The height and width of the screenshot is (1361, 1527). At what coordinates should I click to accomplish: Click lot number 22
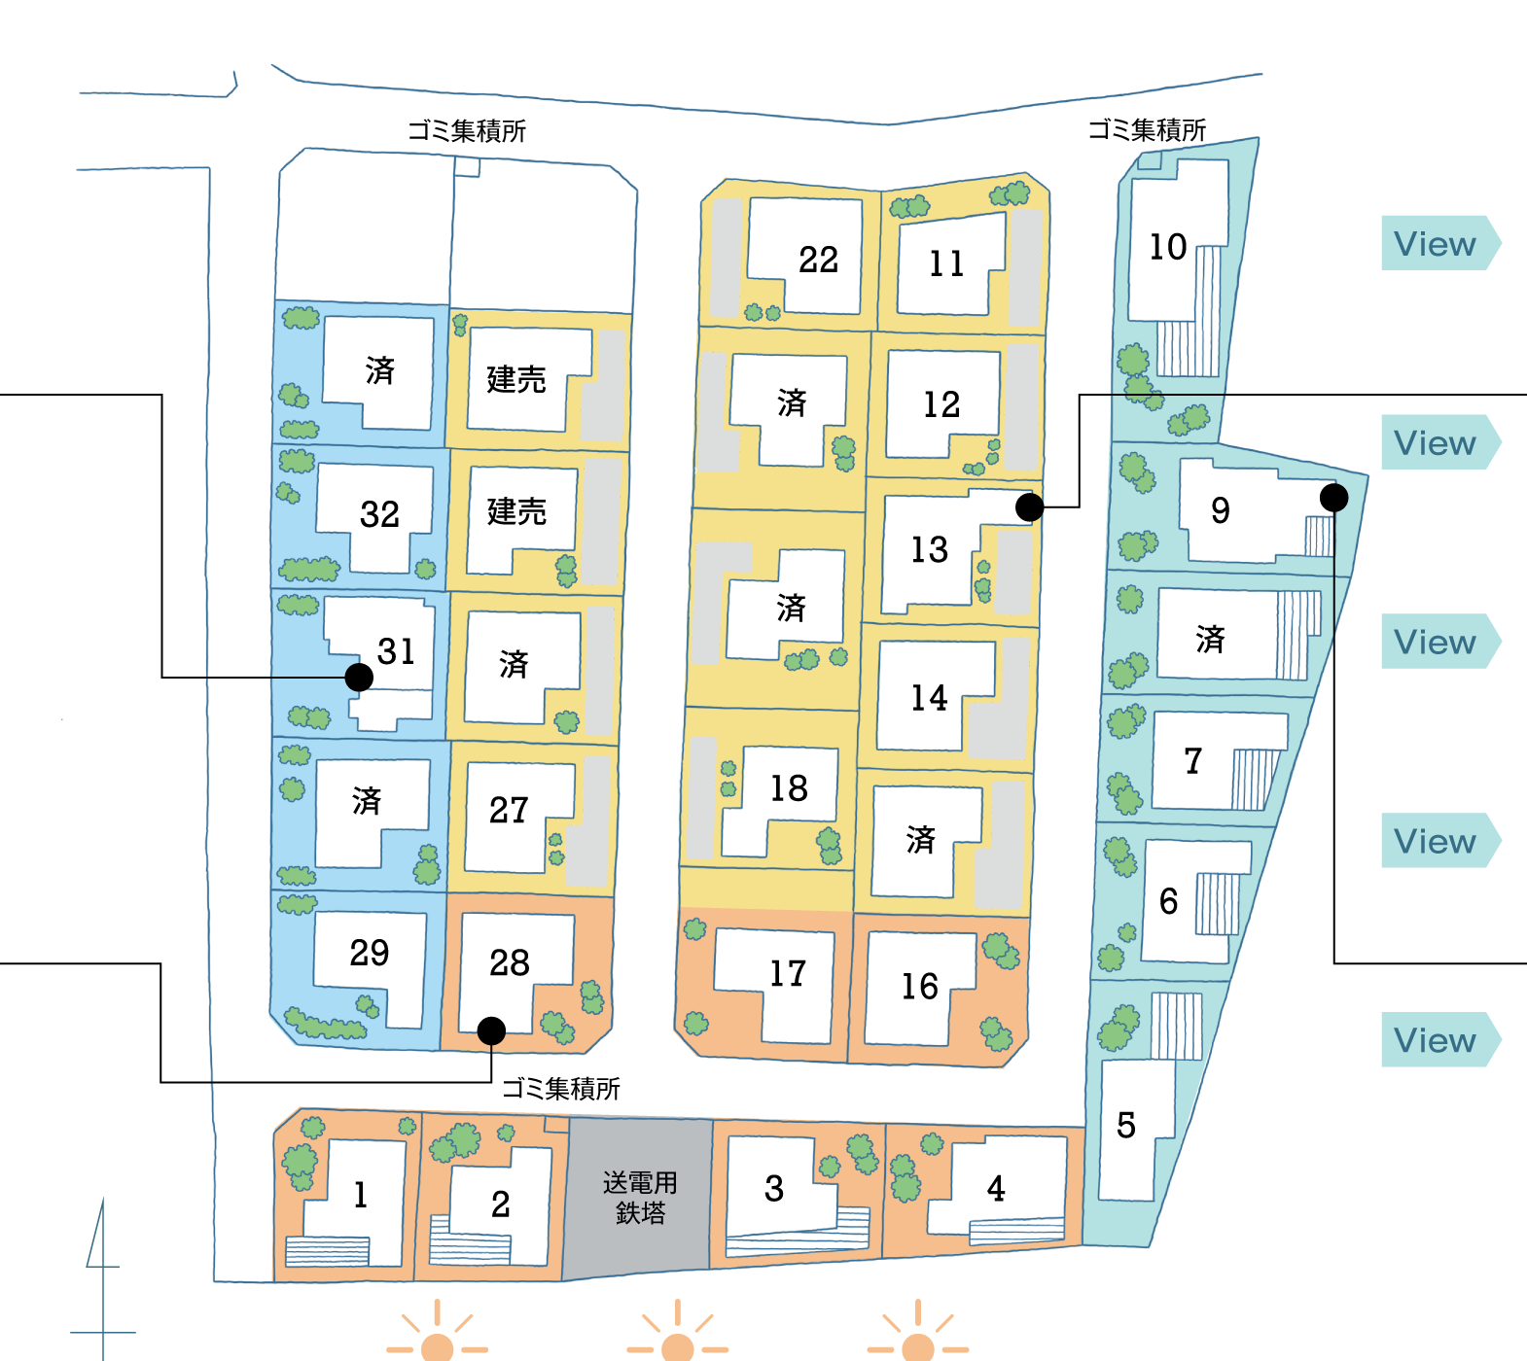[818, 260]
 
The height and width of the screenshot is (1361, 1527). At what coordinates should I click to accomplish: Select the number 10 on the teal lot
[1167, 247]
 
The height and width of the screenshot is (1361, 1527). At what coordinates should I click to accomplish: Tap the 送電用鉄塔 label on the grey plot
[640, 1198]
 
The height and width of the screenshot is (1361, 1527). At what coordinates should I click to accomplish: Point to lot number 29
[370, 953]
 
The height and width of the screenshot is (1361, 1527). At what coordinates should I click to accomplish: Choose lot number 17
[788, 973]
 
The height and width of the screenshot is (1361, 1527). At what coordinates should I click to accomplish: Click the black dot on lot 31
[359, 678]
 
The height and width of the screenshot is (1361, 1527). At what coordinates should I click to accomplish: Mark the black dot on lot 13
[1029, 506]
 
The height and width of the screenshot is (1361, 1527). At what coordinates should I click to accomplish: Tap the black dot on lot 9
[1333, 498]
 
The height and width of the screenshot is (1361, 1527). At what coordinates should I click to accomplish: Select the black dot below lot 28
[491, 1030]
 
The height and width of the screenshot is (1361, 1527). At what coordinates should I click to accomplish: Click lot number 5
[1126, 1125]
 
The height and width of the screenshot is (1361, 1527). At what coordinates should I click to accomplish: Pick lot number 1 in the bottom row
[361, 1194]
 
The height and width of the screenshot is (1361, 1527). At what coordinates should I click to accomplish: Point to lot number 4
[996, 1188]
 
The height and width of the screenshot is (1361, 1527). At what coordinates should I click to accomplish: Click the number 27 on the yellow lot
[509, 810]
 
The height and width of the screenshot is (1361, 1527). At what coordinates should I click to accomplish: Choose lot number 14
[929, 697]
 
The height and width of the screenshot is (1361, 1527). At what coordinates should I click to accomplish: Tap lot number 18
[789, 788]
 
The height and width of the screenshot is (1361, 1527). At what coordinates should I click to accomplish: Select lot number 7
[1193, 760]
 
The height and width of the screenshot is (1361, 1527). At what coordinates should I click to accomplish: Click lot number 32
[379, 514]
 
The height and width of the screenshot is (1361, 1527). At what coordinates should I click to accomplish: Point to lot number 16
[919, 987]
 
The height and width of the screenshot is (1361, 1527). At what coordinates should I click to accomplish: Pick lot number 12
[941, 404]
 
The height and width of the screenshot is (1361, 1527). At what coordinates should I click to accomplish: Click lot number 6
[1168, 901]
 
